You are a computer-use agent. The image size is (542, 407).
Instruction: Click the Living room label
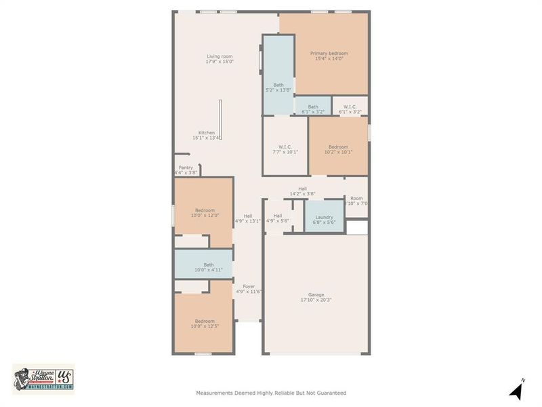coord(220,56)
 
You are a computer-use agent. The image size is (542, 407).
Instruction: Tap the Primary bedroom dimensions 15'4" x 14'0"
coord(329,59)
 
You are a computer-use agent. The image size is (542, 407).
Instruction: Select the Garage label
coord(316,294)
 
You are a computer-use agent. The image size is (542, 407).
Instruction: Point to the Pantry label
coord(186,168)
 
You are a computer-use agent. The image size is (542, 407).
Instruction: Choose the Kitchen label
coord(207,132)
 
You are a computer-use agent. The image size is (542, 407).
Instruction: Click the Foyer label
coord(248,286)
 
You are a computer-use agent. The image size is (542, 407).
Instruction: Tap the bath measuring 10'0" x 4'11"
coord(203,265)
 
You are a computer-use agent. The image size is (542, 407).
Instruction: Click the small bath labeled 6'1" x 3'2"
coord(313,106)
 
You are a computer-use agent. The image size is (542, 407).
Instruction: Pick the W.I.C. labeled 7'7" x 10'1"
coord(285,147)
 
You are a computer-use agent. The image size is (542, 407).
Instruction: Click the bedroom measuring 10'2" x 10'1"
coord(338,147)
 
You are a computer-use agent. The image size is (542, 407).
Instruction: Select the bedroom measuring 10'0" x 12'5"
coord(205,322)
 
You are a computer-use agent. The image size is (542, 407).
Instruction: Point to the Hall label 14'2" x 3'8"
coord(302,191)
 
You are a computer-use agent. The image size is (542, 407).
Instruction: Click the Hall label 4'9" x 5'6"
coord(277,218)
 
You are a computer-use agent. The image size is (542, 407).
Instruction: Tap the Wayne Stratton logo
coord(43,377)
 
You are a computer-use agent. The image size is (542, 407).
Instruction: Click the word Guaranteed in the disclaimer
coord(331,393)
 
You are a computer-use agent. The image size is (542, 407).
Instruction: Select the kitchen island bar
coord(220,121)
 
